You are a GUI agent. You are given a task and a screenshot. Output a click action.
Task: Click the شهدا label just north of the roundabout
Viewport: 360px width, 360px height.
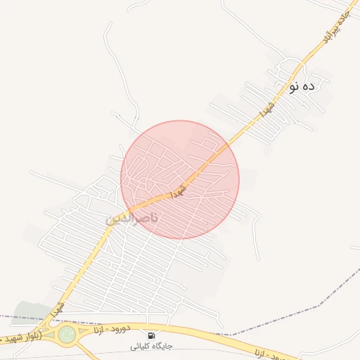click(x=58, y=308)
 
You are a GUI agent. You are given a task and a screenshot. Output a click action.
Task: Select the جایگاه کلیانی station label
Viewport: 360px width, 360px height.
click(x=151, y=347)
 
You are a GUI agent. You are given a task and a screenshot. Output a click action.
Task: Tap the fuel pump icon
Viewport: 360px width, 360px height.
click(x=151, y=335)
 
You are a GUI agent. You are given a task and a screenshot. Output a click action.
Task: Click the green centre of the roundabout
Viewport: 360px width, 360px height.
click(x=67, y=335)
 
